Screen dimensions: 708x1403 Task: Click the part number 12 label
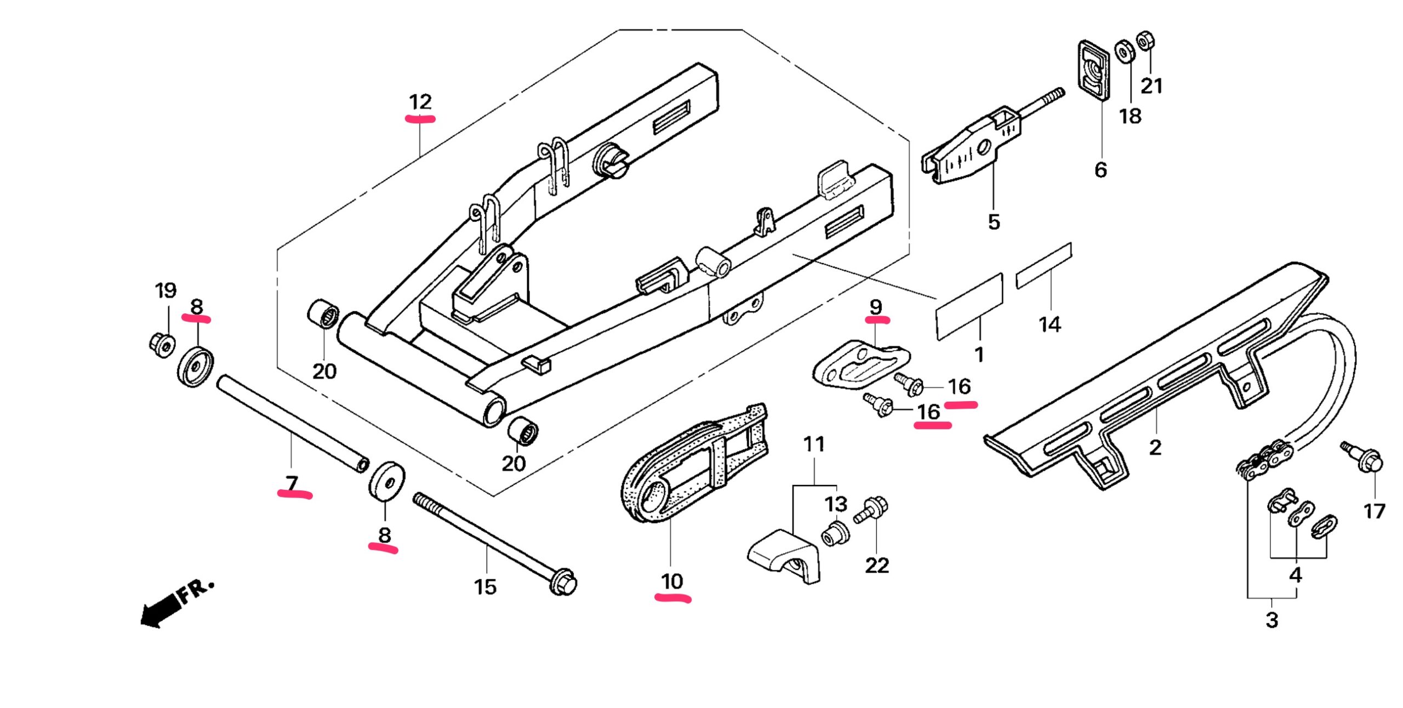tap(420, 102)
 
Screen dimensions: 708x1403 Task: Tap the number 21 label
tap(1151, 86)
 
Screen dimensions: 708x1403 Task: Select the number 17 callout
tap(1374, 511)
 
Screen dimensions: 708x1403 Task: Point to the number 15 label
tap(485, 587)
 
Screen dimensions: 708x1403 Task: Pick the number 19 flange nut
tap(162, 344)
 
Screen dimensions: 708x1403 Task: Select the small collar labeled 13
tap(836, 534)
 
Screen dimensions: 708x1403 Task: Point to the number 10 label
tap(672, 581)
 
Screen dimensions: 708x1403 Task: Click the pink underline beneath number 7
tap(295, 494)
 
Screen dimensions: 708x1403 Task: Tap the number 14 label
tap(1050, 324)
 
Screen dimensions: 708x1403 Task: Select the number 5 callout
tap(994, 222)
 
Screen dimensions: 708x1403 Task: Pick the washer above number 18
tap(1125, 52)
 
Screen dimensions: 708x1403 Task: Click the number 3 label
tap(1271, 620)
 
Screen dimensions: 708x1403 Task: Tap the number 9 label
tap(876, 307)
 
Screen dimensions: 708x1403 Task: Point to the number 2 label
tap(1155, 448)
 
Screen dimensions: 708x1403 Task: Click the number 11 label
tap(814, 444)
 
